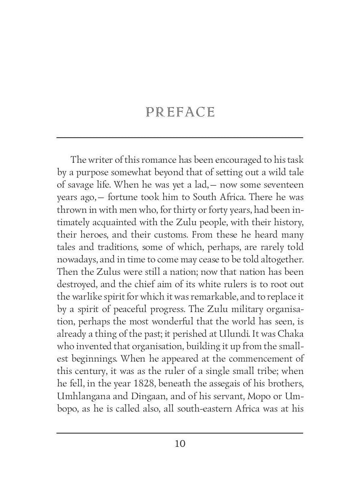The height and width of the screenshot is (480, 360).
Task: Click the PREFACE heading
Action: (180, 112)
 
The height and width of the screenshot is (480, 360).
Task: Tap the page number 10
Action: (180, 444)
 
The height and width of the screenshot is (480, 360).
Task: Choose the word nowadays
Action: (74, 260)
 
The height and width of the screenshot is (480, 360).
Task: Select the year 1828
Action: (141, 384)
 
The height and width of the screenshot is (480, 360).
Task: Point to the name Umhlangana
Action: (84, 396)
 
